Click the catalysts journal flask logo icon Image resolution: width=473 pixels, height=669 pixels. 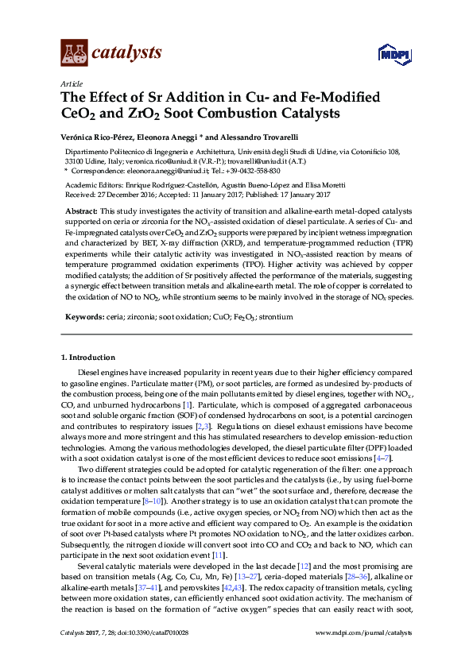(x=74, y=53)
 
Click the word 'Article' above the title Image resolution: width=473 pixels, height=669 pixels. (x=70, y=83)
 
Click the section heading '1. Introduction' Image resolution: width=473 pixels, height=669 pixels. (x=88, y=358)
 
